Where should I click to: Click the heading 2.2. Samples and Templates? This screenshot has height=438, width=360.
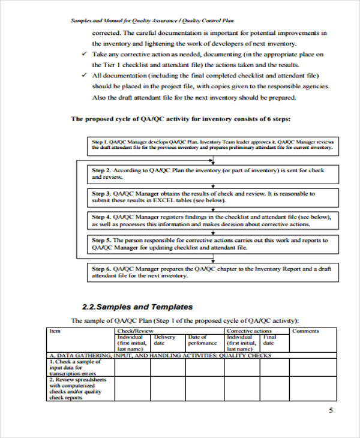pos(136,306)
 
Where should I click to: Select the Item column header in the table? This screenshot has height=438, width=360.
pos(55,331)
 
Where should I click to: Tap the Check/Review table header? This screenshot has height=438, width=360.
pos(135,331)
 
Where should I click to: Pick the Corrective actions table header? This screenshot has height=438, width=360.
pos(248,331)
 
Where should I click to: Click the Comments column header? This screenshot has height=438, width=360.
pos(305,331)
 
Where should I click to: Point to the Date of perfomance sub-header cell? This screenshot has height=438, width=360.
pos(202,340)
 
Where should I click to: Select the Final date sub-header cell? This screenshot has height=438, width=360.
pos(270,340)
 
